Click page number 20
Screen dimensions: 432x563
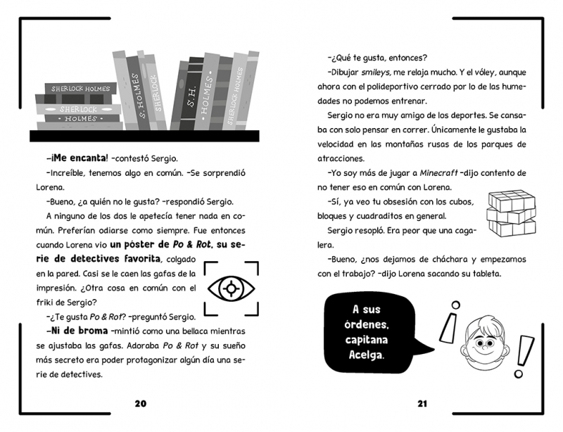[x=140, y=403]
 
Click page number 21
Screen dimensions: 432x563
[x=422, y=403]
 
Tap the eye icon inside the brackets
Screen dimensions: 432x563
[x=229, y=288]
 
